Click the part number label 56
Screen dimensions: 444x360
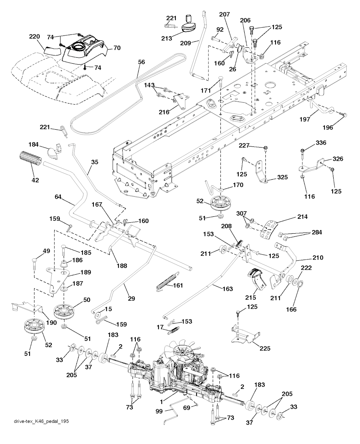[141, 62]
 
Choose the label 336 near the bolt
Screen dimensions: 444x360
[311, 143]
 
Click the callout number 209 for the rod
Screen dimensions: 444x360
[185, 43]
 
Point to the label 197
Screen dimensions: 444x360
[305, 119]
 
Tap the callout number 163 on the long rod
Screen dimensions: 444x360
[227, 289]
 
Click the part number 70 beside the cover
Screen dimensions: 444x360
[116, 48]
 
